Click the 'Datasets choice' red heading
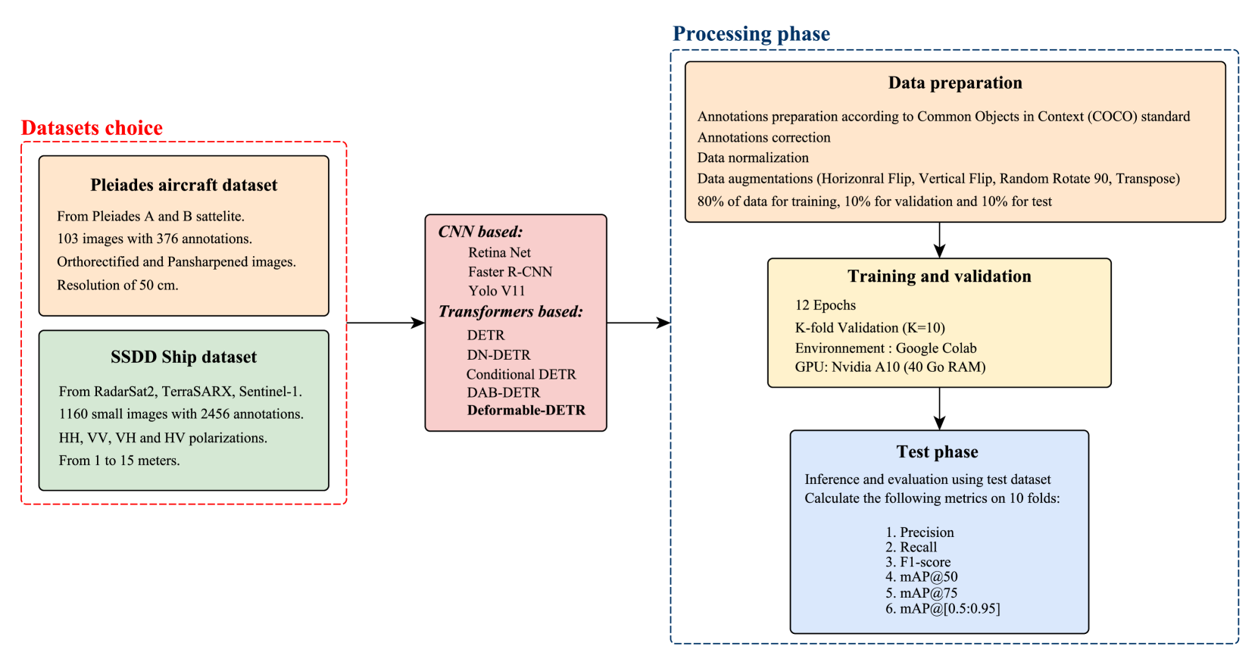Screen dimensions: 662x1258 tap(92, 128)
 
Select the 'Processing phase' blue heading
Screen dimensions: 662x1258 tap(751, 34)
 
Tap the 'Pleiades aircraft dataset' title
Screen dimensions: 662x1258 tap(183, 185)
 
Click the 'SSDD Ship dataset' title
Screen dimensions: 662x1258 tap(183, 357)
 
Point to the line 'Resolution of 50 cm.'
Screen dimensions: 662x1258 tap(117, 285)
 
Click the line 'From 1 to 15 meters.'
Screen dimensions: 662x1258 tap(119, 461)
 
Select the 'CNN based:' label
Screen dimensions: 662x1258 tap(480, 232)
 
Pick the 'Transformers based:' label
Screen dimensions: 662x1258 tap(510, 311)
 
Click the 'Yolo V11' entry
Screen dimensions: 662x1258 tap(496, 291)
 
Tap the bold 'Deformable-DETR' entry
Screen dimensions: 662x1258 tap(526, 411)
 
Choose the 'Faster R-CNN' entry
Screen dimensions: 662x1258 tap(510, 272)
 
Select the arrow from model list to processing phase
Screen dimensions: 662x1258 tap(638, 323)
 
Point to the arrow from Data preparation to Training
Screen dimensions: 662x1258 tap(939, 240)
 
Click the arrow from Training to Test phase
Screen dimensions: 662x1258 tap(939, 409)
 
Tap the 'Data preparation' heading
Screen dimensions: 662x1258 tap(954, 83)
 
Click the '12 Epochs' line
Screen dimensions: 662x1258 tap(825, 305)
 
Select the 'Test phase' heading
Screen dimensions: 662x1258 tap(937, 452)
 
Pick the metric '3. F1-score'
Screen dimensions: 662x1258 tap(917, 562)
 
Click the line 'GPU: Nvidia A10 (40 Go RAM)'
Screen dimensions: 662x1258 tap(890, 367)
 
